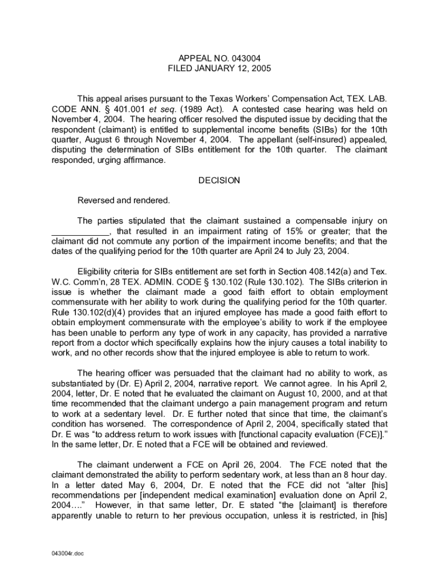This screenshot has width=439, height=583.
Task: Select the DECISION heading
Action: coord(219,180)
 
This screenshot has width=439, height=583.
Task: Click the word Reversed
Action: coord(96,200)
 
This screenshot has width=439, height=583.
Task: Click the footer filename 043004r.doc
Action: coord(68,553)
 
